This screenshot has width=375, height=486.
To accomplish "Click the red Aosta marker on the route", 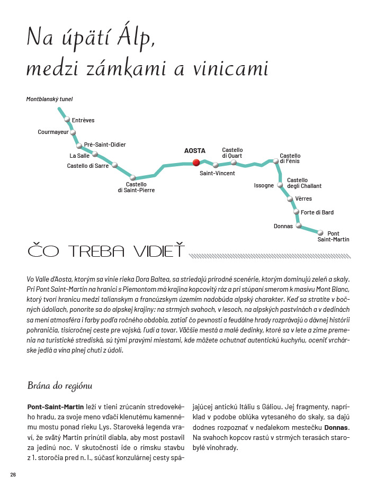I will coord(195,163).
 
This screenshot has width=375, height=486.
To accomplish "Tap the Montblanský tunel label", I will coord(49,99).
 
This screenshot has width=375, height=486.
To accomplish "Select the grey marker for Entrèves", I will coord(67,120).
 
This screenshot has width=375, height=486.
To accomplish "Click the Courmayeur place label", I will coord(53,132).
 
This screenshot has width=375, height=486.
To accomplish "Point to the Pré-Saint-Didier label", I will coord(105,145).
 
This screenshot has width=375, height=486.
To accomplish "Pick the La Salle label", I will coord(79,156).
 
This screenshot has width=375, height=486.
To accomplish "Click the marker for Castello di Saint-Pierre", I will coord(133,178).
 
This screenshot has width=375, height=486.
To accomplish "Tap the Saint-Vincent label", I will coord(217,173).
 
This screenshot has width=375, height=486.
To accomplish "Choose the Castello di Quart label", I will coord(232,153).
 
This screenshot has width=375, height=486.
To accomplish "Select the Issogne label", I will coord(264,186).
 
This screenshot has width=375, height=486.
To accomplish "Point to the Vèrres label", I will coord(303,199).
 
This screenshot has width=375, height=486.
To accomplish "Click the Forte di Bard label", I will coord(317,213).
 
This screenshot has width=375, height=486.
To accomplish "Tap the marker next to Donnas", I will coord(298,226).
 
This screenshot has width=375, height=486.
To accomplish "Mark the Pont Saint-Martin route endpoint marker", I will coord(320,232).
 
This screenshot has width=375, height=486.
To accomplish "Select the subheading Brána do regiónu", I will coord(59,385).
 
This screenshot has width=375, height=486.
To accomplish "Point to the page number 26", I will coord(13,474).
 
